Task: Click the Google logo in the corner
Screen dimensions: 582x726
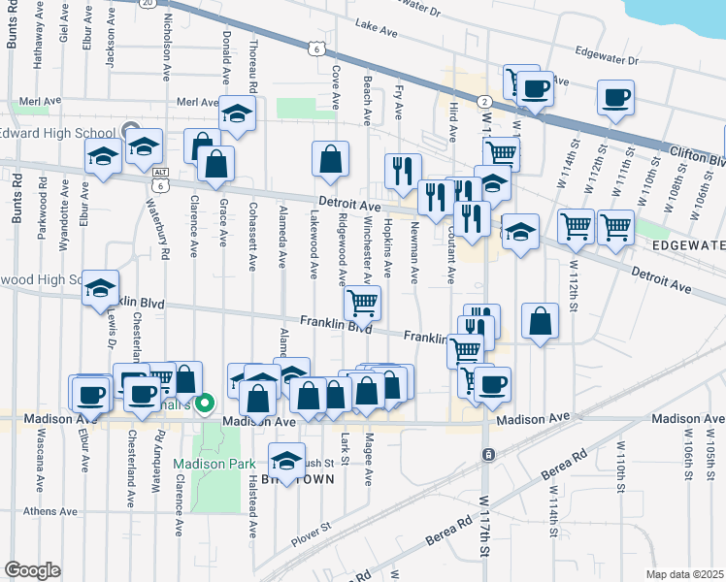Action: click(32, 570)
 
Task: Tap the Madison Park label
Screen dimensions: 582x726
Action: click(206, 464)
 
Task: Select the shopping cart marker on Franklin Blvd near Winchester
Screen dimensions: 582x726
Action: click(362, 304)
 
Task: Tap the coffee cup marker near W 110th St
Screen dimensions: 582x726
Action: click(616, 99)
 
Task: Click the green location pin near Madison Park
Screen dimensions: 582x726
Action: click(205, 404)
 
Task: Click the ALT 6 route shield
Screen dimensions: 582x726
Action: click(159, 178)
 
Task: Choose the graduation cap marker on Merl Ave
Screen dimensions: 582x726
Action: click(237, 115)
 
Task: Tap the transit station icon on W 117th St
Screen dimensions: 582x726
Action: click(488, 454)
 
